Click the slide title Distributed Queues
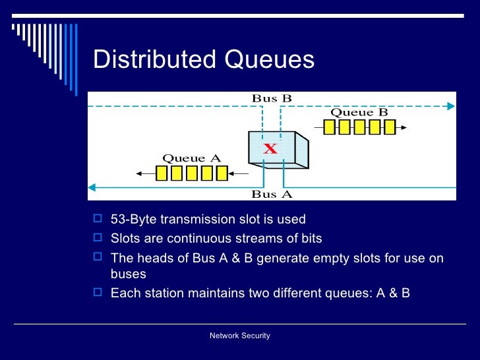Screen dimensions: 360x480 204,60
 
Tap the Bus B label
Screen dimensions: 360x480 272,98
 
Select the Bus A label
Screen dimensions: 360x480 272,194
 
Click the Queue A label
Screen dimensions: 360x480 191,158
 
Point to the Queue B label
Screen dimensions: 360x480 359,112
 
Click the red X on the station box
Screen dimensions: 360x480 270,149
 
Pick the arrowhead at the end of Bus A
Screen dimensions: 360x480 92,187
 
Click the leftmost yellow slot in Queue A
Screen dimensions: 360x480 162,173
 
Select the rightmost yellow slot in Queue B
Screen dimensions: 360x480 390,127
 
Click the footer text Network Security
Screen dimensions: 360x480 240,336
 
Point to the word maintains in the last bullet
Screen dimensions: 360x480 212,293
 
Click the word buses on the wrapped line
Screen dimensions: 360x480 128,274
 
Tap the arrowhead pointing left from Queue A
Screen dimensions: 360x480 140,173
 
